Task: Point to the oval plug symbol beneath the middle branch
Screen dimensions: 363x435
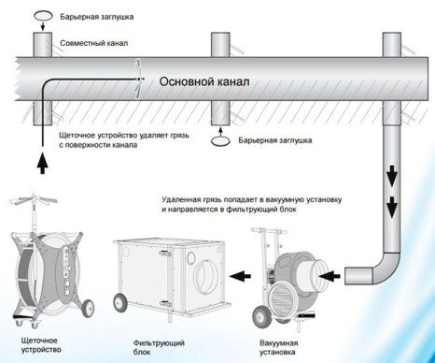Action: coord(220,139)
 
